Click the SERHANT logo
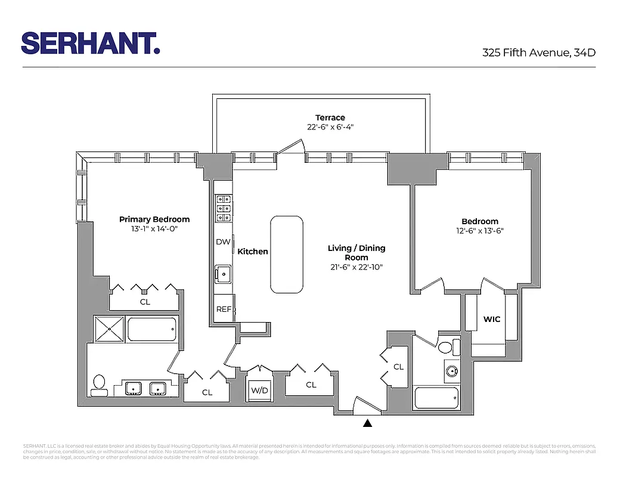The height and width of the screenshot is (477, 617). click(91, 44)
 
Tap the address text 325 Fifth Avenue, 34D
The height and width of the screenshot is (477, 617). click(538, 52)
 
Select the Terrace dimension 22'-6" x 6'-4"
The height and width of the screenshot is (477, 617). click(330, 127)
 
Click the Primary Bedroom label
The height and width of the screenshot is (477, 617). click(154, 219)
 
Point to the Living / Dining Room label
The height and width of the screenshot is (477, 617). click(356, 252)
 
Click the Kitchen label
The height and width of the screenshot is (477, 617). click(253, 252)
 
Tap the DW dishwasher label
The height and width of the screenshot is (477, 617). click(223, 242)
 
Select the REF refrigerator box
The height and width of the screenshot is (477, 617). click(224, 309)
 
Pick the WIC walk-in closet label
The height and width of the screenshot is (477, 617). click(492, 320)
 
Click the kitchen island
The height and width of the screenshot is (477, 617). click(287, 255)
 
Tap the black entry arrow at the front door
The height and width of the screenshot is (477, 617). click(368, 423)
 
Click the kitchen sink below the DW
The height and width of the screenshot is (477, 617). click(224, 274)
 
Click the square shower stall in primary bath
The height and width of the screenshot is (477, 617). click(108, 329)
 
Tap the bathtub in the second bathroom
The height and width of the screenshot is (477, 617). click(436, 398)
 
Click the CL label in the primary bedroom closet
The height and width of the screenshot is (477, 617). click(145, 302)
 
